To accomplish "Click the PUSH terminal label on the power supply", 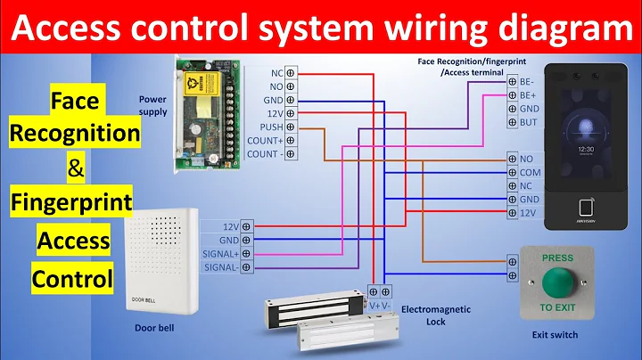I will pos(272,127).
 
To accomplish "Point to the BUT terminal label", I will pos(530,122).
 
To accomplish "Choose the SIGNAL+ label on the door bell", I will pos(219,254).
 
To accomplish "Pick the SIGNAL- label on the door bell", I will pos(220,267).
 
